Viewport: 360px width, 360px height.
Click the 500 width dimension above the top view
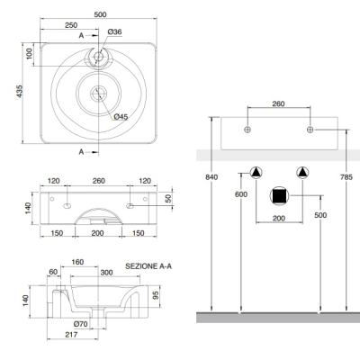100,14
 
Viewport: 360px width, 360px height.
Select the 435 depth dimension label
20,91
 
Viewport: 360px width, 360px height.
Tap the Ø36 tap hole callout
114,31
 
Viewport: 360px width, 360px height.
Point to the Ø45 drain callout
121,117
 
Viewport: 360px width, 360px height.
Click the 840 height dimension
211,177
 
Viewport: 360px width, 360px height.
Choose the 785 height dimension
346,177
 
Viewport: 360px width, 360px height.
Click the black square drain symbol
279,196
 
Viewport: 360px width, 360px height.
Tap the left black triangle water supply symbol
256,173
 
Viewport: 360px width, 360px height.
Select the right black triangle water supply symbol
302,173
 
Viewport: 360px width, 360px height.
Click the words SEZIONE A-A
148,266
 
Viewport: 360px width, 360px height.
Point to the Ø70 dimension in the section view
80,324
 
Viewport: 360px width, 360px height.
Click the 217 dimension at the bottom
71,335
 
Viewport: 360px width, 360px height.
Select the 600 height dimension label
241,194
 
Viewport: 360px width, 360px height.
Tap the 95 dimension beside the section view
156,295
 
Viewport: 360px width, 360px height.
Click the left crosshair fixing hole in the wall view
247,130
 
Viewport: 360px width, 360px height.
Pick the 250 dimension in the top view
71,25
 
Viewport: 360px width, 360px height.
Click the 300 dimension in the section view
106,273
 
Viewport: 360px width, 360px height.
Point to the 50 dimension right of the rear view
168,198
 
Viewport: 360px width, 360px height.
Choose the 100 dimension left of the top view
29,54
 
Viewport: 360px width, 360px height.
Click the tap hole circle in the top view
98,56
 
